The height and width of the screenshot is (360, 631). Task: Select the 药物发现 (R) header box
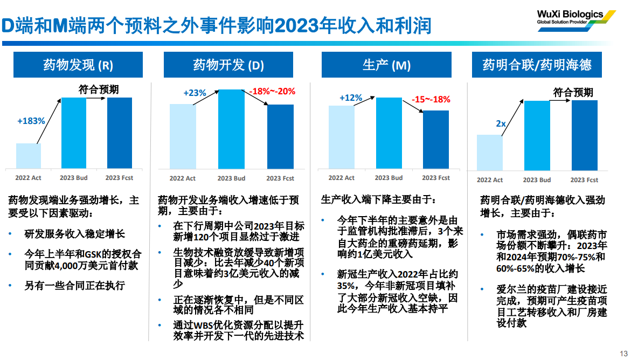click(x=78, y=65)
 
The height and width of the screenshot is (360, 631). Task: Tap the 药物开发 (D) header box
click(x=228, y=65)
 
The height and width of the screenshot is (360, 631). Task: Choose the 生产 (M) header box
click(x=386, y=65)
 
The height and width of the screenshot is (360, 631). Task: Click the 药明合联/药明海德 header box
click(x=537, y=65)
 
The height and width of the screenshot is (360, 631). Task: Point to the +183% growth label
click(x=31, y=121)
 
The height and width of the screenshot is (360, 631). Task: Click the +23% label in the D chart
click(x=195, y=93)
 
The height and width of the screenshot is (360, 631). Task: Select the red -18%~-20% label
click(x=272, y=91)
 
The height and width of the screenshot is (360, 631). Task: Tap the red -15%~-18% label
click(x=431, y=99)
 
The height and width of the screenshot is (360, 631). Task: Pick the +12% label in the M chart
click(x=351, y=98)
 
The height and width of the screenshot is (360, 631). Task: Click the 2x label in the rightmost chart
click(x=501, y=124)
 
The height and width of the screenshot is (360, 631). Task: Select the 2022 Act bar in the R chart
click(x=29, y=156)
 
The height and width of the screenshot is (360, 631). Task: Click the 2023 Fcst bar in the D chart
click(x=280, y=136)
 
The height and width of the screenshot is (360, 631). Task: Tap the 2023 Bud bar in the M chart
click(x=389, y=133)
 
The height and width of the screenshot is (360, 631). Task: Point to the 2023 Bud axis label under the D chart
click(x=231, y=178)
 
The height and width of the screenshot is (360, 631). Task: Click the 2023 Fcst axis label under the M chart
click(x=436, y=178)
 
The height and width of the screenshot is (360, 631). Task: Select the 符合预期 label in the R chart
click(x=98, y=89)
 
